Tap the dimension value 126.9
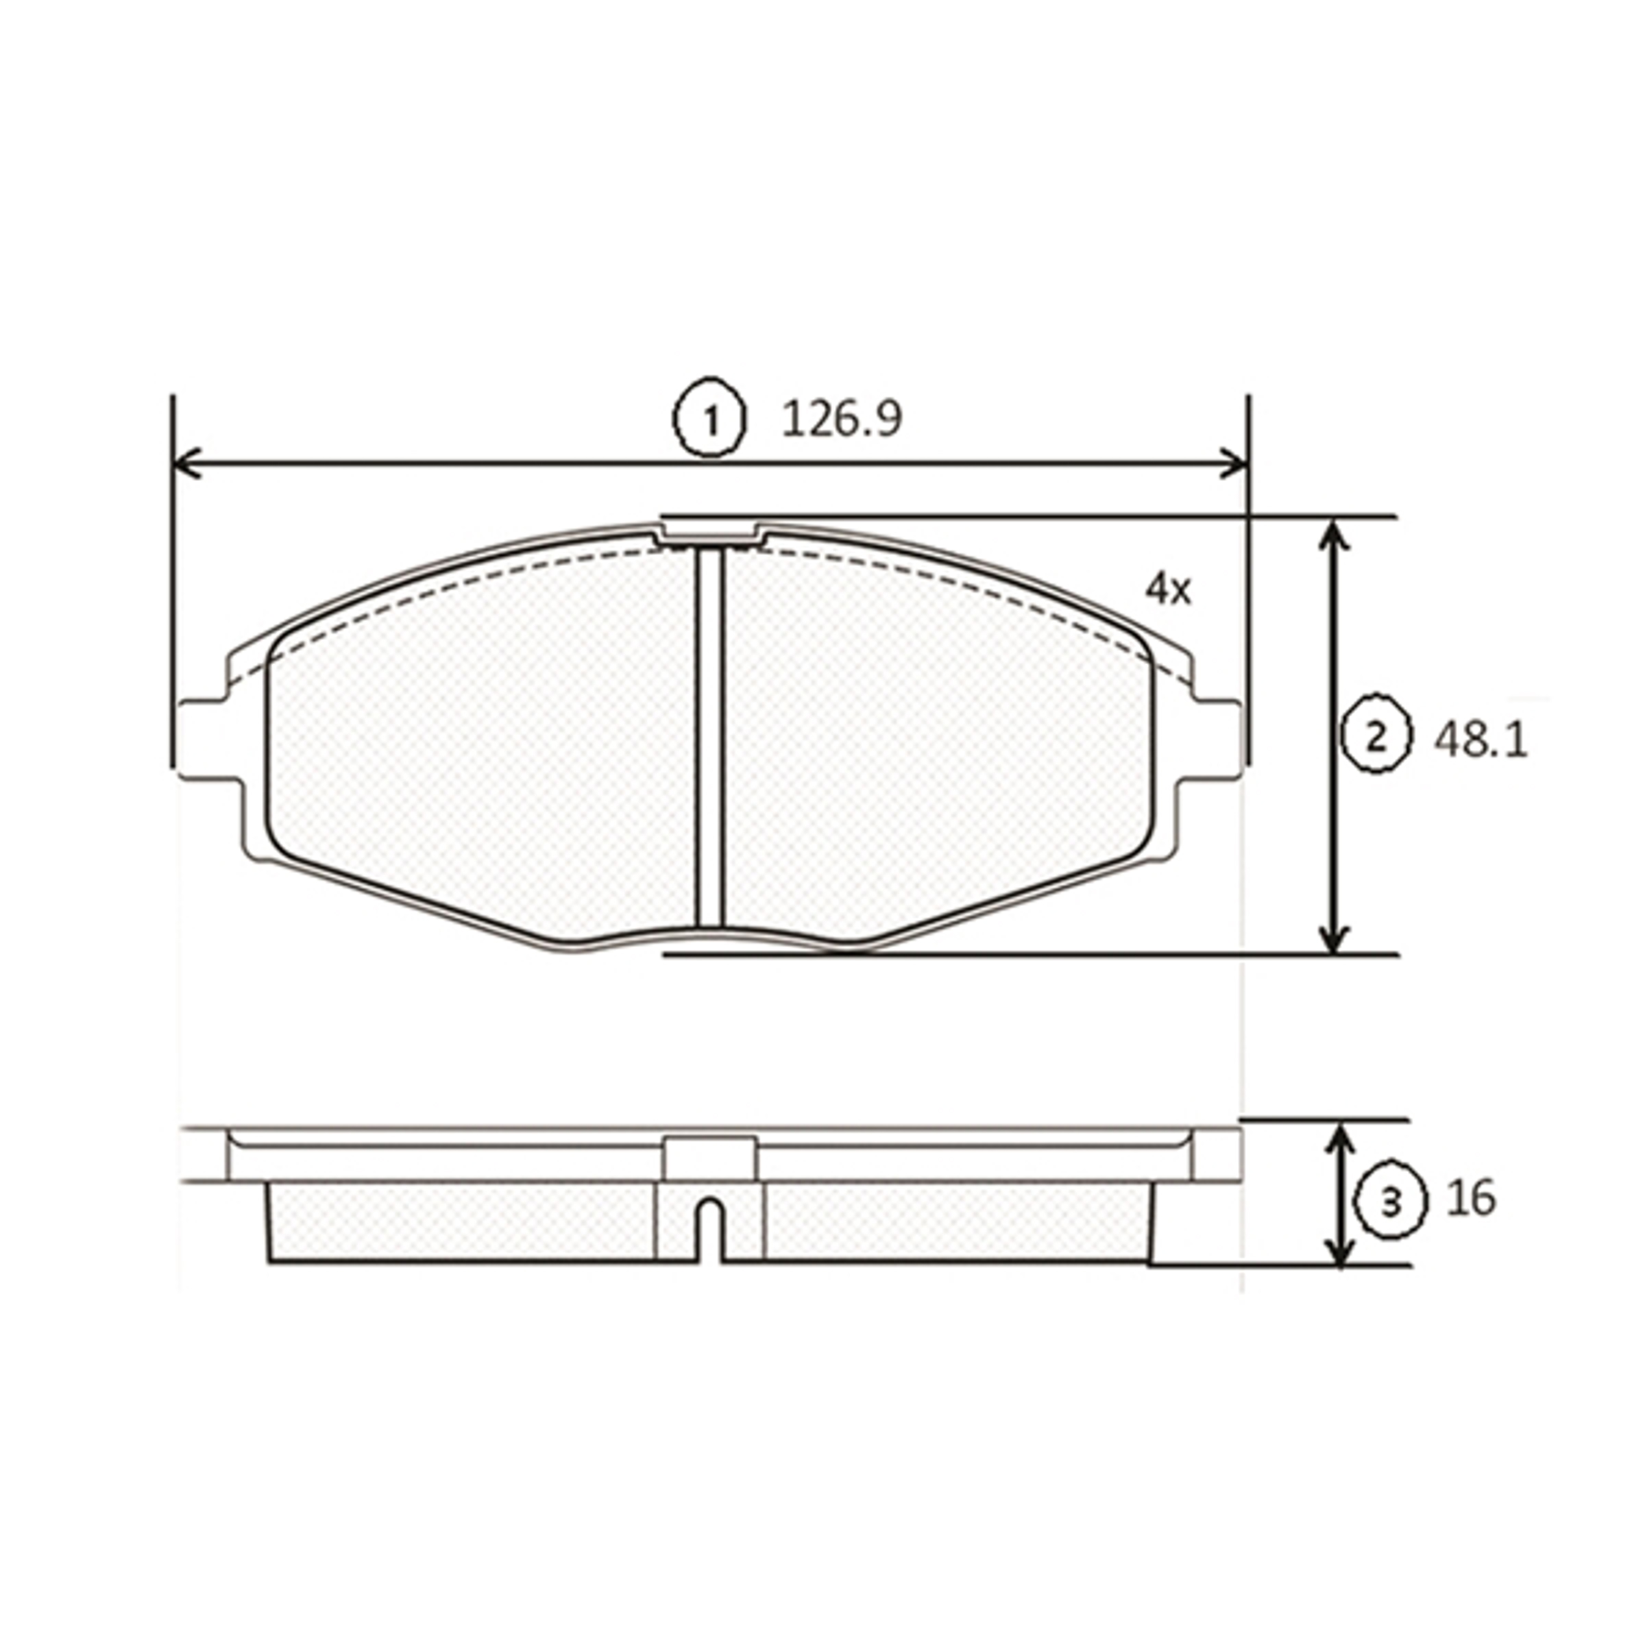[x=841, y=419]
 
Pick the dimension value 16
[x=1470, y=1199]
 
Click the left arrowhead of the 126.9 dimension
[x=187, y=464]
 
